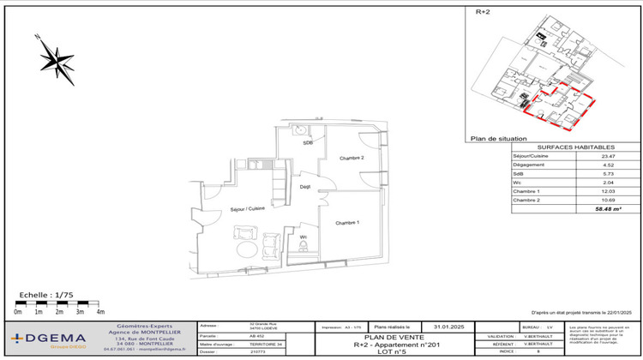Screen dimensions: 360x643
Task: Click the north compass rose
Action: tap(56, 59)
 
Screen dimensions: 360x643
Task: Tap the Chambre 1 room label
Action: tap(346, 222)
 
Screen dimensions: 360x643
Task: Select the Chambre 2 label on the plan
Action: tap(352, 159)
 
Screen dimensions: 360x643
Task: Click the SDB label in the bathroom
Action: tap(307, 143)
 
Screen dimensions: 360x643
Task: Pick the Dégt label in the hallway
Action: tap(304, 187)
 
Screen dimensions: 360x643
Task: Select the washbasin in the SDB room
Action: tap(300, 130)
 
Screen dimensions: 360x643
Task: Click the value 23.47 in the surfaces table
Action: tap(585, 156)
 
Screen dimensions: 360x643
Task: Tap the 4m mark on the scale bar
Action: tap(100, 313)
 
